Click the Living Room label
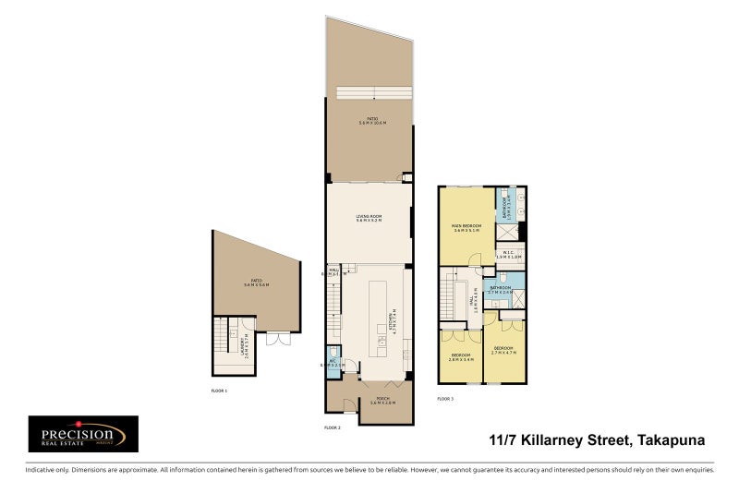click(369, 219)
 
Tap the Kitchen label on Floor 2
click(394, 321)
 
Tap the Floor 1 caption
click(219, 391)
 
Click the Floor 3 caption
click(445, 399)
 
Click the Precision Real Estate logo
click(83, 434)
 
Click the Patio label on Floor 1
click(257, 283)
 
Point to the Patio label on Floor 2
click(373, 120)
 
